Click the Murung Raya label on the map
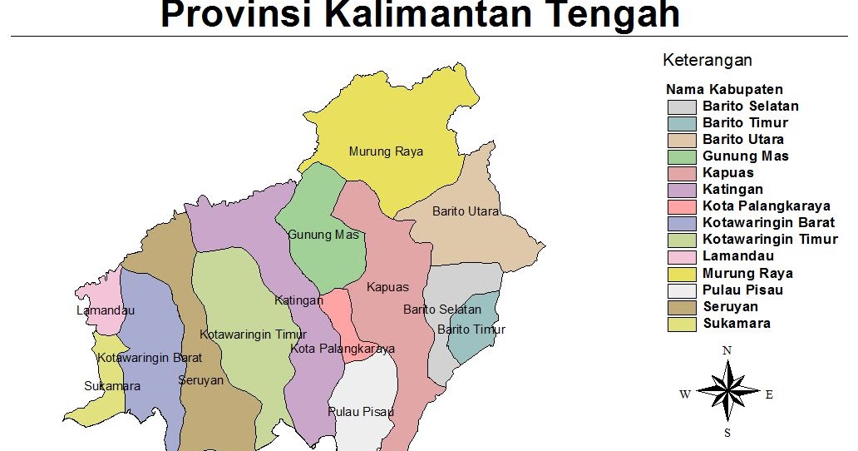coord(386,151)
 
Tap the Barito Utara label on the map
coord(466,211)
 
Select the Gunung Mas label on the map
coord(323,235)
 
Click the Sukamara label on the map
coord(112,386)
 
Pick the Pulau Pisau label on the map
coord(361,412)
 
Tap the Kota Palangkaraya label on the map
coord(343,349)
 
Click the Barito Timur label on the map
coord(471,330)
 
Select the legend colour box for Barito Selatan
coord(682,107)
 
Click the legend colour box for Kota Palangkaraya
coord(682,206)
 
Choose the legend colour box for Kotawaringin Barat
coord(682,223)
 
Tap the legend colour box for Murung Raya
coord(682,274)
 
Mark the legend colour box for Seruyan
coord(682,307)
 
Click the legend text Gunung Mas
coord(745,156)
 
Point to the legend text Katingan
coord(732,190)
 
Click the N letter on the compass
coord(727,350)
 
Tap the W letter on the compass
coord(684,394)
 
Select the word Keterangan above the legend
coord(708,60)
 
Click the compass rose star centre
coord(727,391)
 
